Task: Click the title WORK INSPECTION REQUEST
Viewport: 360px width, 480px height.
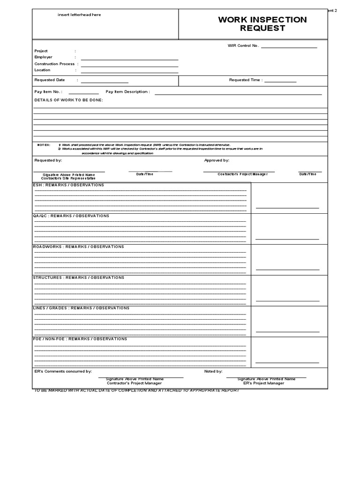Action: (262, 24)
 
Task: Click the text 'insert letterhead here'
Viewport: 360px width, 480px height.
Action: (79, 15)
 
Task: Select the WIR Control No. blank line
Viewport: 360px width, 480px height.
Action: (289, 47)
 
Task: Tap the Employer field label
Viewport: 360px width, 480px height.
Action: (44, 57)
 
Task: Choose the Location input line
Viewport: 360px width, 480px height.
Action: (129, 73)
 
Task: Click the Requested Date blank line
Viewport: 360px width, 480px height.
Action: (105, 82)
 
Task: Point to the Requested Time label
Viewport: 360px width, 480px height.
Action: (246, 80)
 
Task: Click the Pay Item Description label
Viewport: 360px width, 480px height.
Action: (128, 92)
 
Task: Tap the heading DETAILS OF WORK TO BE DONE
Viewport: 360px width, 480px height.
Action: (68, 100)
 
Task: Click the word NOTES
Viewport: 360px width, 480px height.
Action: (44, 145)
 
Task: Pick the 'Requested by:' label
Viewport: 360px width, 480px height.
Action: (48, 160)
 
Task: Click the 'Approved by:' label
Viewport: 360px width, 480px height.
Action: (217, 160)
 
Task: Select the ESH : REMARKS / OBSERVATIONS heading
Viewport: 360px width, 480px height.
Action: (68, 185)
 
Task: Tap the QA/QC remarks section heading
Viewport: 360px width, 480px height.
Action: (71, 216)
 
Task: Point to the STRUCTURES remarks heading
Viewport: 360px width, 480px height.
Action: (78, 277)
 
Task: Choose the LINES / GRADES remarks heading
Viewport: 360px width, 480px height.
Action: (81, 308)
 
